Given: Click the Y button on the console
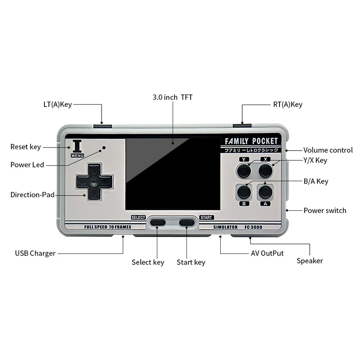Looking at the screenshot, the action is (244, 171).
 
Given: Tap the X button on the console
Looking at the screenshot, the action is (266, 171).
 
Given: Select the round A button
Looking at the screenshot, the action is (266, 192).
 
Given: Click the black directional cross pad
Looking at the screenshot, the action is (94, 182).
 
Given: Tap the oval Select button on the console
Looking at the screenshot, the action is (158, 222).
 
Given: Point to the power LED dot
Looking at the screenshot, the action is (104, 147).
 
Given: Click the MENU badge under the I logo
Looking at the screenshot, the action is (77, 156).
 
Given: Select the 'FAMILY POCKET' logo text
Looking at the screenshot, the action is (251, 141).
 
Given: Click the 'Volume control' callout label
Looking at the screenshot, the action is (328, 150).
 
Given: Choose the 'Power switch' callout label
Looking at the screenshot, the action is (325, 210).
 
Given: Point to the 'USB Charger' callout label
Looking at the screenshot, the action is (35, 253).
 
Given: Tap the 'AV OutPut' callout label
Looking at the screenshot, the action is (267, 253).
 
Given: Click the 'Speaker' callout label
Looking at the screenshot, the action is (310, 261).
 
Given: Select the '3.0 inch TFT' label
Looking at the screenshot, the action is (173, 98).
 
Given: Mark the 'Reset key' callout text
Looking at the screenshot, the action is (26, 147).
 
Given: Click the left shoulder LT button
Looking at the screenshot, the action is (102, 126).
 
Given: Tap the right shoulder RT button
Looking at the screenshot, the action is (242, 125).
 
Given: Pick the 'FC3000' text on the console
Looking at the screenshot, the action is (253, 227).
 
